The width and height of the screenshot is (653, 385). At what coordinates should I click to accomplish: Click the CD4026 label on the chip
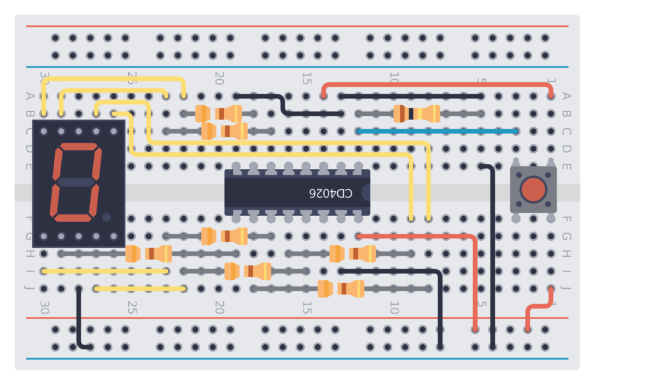pos(330,192)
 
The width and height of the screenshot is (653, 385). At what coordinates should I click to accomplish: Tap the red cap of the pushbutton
pos(533,189)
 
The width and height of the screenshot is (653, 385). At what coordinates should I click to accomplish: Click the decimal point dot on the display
pos(106,217)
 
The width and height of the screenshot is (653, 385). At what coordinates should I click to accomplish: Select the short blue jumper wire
pos(437,131)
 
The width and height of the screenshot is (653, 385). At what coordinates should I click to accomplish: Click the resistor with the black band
pos(416,114)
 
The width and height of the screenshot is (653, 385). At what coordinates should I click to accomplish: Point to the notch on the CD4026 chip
pos(366,192)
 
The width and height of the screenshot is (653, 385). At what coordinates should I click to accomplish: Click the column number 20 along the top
pos(219,78)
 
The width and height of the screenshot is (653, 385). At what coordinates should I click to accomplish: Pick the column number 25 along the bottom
pos(132,308)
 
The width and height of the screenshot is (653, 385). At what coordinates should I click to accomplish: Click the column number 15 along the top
pos(307,78)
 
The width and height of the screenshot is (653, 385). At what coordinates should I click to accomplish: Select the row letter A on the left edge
pos(29,96)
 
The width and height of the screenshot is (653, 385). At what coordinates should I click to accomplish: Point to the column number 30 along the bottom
pos(45,308)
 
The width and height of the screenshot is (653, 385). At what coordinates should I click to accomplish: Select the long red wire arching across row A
pos(437,84)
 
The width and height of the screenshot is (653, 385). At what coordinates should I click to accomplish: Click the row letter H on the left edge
pos(29,254)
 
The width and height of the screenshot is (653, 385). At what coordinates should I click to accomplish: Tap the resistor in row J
pos(341,289)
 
